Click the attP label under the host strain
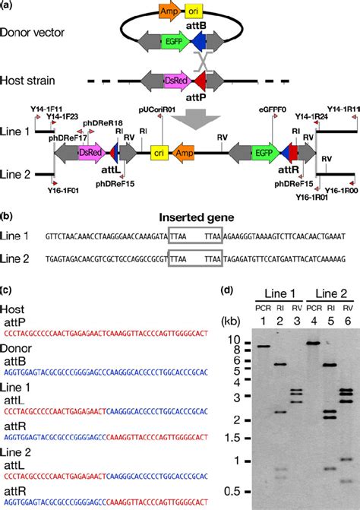[198, 97]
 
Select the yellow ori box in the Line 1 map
[159, 153]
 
